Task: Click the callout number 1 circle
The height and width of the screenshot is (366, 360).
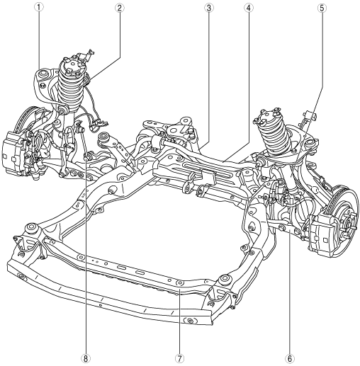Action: point(39,7)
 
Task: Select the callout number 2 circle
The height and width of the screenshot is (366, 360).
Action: point(119,8)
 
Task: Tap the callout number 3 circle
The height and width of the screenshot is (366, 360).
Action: point(209,8)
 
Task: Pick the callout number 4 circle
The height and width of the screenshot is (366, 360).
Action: point(249,8)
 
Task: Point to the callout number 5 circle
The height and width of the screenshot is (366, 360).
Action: point(322,8)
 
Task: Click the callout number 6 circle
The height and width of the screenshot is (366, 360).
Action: point(290,359)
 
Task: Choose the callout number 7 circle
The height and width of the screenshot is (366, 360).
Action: point(179,359)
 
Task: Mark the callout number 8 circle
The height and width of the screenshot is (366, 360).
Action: point(86,359)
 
